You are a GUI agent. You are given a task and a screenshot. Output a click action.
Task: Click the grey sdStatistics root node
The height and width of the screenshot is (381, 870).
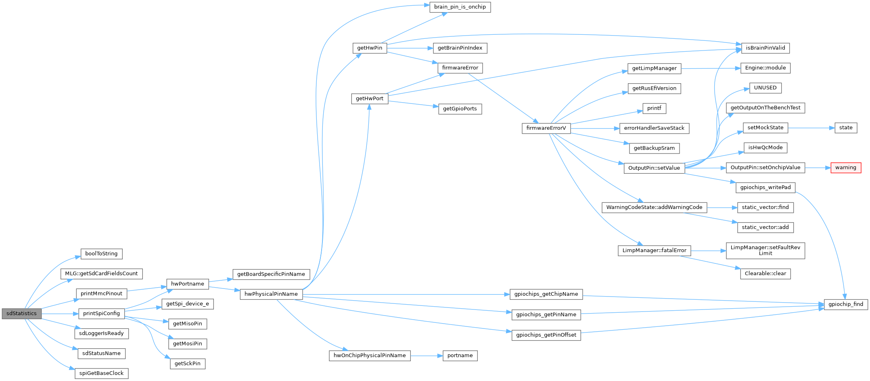point(21,314)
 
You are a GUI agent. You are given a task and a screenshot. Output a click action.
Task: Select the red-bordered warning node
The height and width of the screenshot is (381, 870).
point(845,168)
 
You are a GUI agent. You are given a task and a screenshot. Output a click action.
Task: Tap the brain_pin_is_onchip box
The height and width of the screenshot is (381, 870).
point(460,7)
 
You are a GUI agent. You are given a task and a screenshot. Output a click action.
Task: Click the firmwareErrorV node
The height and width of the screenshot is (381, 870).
point(546,128)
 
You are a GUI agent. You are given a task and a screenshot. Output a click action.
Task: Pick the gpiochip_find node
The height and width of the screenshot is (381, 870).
point(845,304)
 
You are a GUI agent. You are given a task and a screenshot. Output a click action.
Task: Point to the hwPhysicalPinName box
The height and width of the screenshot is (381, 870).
point(271,294)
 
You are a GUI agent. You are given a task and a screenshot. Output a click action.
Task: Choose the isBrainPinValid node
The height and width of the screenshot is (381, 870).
point(765,48)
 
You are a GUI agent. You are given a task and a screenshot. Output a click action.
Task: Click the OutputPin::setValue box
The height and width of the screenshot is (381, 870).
point(654,168)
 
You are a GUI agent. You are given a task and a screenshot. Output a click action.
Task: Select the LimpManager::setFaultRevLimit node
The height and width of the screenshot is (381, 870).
point(765,250)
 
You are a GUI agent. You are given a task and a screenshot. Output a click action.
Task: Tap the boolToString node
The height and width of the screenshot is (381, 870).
point(101,254)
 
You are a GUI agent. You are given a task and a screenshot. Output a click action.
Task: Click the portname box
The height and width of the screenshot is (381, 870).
point(460,356)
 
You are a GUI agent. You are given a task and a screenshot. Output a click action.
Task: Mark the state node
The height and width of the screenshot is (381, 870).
point(845,128)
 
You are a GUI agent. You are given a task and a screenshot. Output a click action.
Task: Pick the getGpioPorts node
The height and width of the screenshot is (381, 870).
point(460,109)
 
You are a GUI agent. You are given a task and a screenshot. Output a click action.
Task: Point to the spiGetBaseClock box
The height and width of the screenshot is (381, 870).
point(101,373)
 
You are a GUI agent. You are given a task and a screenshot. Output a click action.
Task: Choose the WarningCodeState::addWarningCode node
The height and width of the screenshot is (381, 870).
point(654,207)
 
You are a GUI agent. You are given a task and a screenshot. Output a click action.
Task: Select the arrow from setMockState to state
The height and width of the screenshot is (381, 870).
point(811,128)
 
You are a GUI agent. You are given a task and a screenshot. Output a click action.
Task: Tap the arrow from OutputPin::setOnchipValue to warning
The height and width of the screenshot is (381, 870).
point(818,168)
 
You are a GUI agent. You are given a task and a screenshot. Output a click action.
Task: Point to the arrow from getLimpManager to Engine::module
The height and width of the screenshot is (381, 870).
point(711,68)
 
